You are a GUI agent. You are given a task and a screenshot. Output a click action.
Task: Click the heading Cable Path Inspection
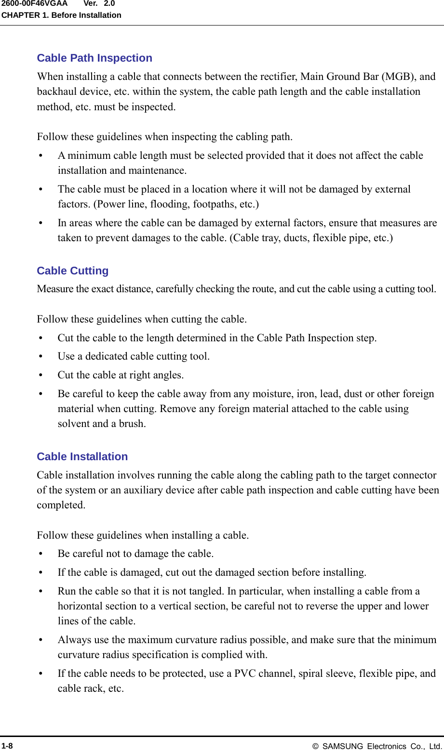coord(94,58)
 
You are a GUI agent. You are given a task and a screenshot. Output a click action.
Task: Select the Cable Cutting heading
coord(73,271)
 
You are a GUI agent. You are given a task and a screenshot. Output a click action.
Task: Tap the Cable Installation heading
coord(82,457)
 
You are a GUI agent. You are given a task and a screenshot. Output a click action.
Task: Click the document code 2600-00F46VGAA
coord(34,4)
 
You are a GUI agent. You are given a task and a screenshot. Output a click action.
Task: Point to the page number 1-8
coord(7,746)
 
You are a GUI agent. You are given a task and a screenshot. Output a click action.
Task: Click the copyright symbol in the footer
coord(315,746)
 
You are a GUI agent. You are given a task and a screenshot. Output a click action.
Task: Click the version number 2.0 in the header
coord(109,4)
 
